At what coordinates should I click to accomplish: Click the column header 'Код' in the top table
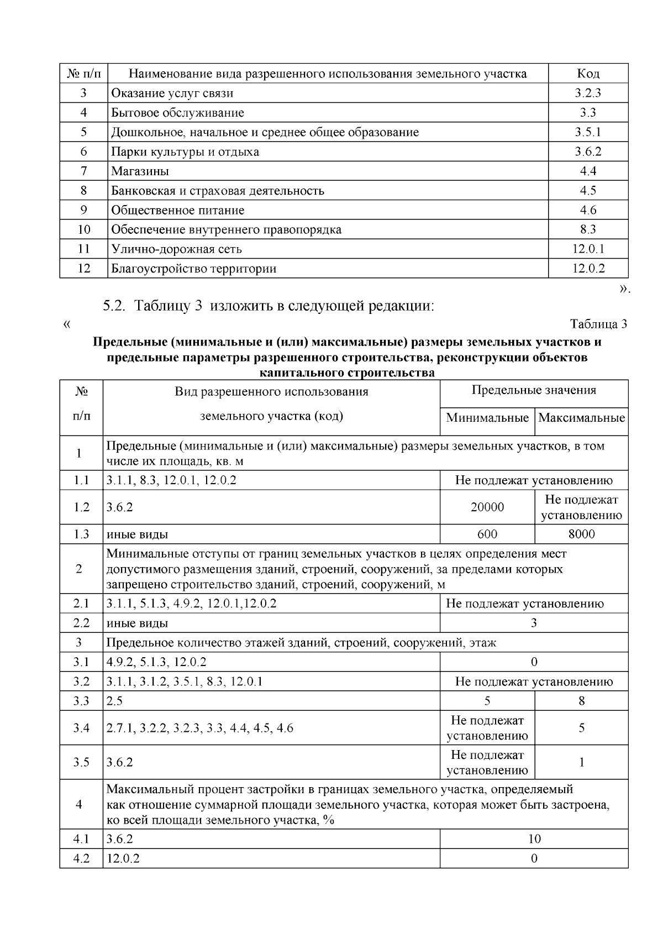588,74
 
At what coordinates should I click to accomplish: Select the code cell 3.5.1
588,132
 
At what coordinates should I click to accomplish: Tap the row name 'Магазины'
140,171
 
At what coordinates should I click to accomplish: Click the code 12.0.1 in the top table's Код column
588,249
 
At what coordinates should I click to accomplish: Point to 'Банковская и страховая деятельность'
218,191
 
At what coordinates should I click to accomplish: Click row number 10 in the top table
83,230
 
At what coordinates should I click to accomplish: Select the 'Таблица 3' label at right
598,324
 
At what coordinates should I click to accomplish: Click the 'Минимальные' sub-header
487,418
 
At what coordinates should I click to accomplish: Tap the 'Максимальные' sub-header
582,418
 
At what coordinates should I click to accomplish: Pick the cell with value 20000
487,507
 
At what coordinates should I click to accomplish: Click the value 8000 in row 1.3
582,534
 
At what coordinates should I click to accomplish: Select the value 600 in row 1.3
487,534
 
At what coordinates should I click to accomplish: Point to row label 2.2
81,623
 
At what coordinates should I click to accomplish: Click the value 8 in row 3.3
582,701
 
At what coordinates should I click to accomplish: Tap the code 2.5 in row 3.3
114,701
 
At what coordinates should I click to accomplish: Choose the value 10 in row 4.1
534,839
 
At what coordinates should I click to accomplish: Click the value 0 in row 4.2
534,859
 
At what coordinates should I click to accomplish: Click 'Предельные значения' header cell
534,390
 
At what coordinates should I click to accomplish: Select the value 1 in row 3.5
582,763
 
